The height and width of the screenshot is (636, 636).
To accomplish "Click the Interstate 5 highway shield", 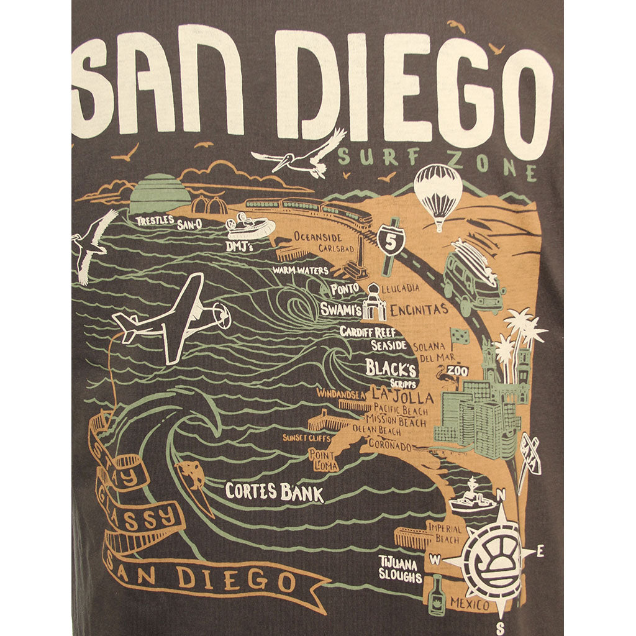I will [391, 241].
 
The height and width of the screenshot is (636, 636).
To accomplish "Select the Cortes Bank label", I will [274, 493].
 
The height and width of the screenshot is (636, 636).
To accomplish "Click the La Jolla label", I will [398, 393].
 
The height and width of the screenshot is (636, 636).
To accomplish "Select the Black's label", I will [390, 368].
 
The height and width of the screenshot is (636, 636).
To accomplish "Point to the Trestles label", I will [155, 220].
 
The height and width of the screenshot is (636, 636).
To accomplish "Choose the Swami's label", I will [341, 309].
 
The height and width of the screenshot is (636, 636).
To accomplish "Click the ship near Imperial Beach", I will [472, 497].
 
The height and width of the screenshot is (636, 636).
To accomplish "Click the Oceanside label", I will [318, 237].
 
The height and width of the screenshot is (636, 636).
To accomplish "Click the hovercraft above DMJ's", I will [250, 226].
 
